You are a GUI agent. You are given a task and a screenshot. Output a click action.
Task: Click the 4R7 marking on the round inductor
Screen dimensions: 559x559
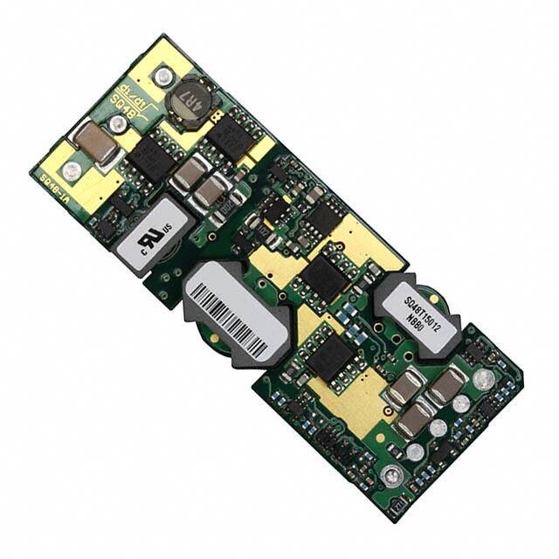click(x=188, y=101)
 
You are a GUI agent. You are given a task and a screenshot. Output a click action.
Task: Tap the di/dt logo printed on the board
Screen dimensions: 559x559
click(x=131, y=90)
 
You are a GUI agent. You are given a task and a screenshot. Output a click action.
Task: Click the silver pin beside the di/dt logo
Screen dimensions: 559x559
click(x=161, y=78)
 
